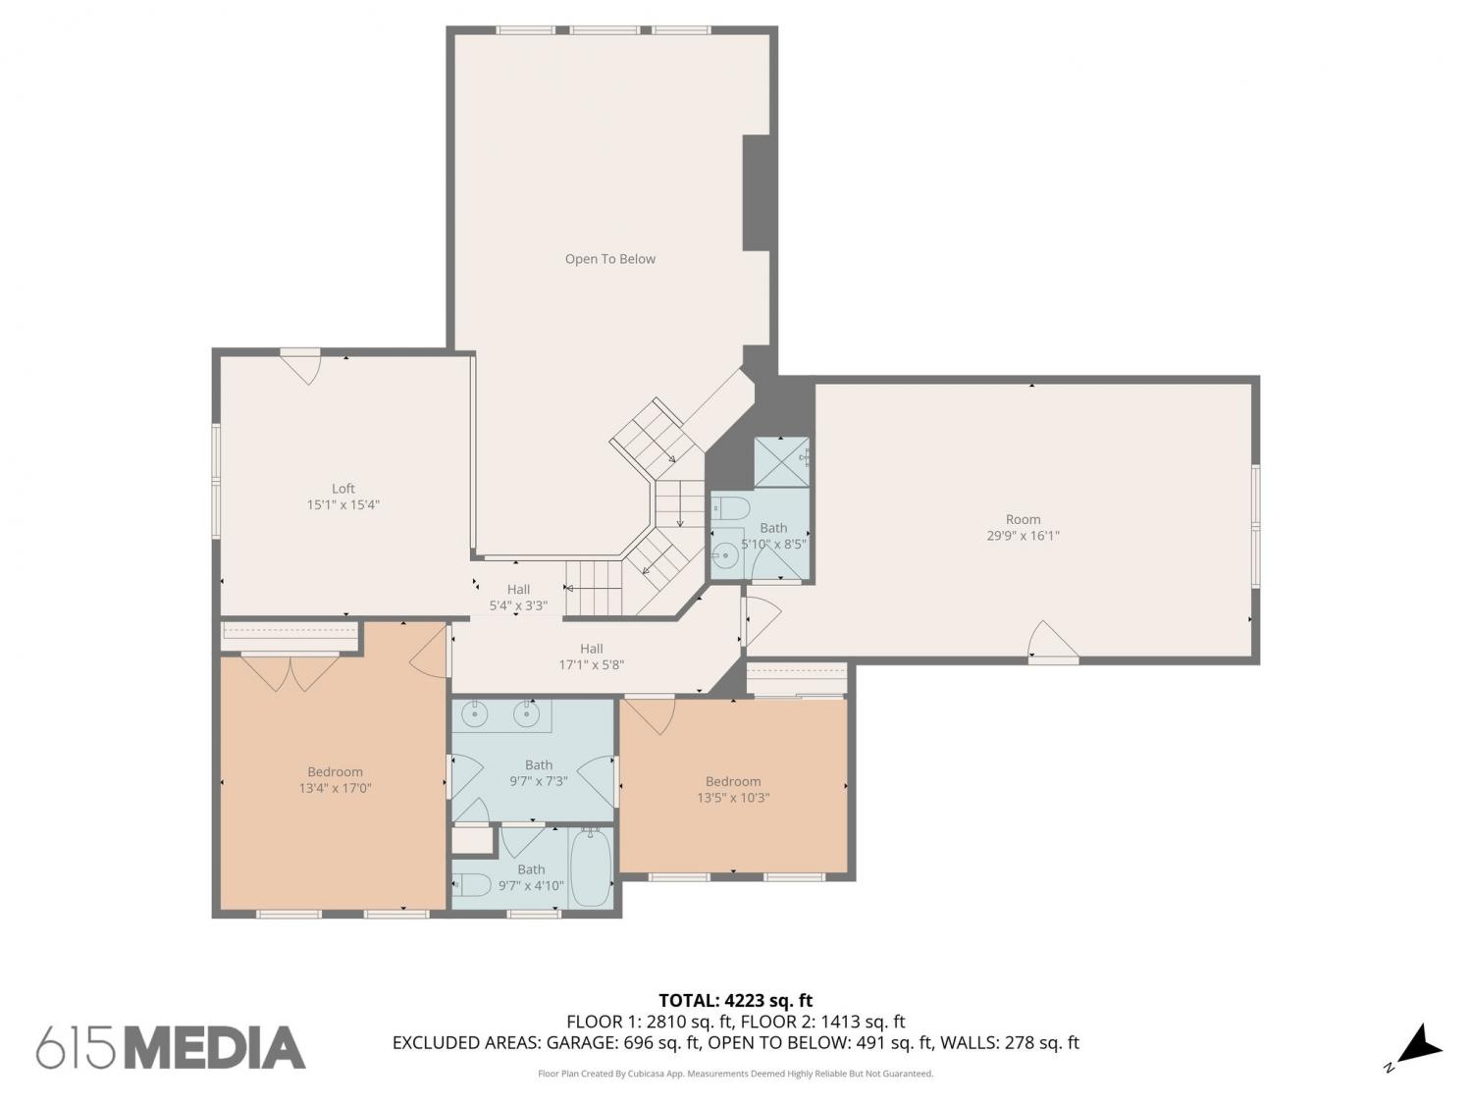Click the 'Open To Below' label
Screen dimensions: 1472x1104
609,259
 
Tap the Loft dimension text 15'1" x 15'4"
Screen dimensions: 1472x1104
342,504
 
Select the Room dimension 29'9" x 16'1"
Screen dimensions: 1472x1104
1023,536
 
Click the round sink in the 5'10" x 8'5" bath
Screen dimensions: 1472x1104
724,554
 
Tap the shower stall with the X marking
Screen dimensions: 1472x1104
781,462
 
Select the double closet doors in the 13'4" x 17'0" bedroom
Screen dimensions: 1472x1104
289,671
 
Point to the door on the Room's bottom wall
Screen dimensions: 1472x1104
1053,641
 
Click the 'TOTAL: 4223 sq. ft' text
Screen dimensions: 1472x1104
736,1000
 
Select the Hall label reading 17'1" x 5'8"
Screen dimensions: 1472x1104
592,657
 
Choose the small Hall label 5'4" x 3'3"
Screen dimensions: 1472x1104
518,598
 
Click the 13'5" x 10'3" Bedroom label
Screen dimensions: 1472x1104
733,790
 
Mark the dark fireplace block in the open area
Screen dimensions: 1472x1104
756,193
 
